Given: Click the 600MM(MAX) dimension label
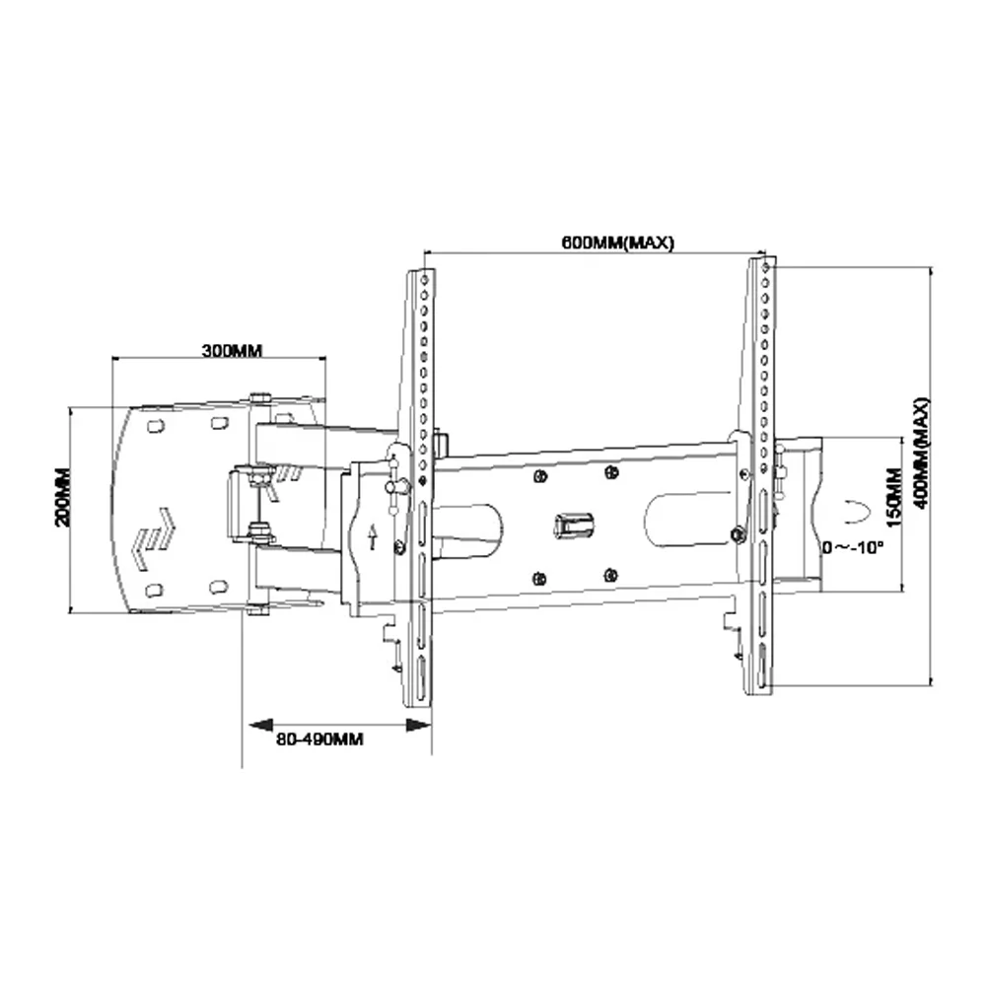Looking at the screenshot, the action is [617, 243].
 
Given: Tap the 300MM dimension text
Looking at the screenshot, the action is [232, 350].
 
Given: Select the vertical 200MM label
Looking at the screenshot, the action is [62, 497].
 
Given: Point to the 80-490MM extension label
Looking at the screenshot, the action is [320, 739].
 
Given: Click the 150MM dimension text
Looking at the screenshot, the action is [893, 497].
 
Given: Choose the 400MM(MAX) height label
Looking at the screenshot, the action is [921, 453].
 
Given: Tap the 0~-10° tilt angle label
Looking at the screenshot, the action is [853, 547].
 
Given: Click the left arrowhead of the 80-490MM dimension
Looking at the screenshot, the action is [260, 725].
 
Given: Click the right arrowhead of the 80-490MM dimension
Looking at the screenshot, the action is [419, 725].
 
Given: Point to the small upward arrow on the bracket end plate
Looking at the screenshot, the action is [373, 536].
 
